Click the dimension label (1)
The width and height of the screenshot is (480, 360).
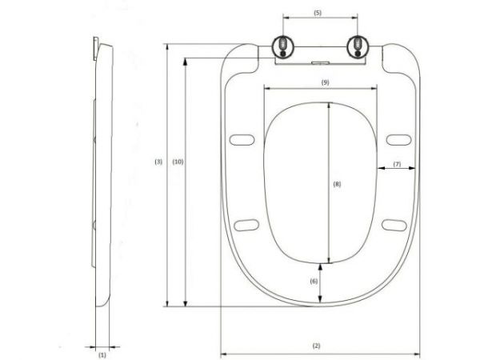point(102,352)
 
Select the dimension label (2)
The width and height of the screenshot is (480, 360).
point(317,346)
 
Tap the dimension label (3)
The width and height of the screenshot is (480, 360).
point(158,162)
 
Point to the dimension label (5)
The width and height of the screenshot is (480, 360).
point(318,14)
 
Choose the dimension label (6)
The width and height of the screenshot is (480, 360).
point(314,281)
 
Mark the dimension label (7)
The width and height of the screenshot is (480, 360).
point(396,164)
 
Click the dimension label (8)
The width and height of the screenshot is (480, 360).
point(337,184)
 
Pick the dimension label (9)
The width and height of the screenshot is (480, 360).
point(324,82)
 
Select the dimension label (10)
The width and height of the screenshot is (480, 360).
point(178,162)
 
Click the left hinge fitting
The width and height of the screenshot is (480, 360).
point(283,46)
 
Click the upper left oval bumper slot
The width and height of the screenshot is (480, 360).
point(239,141)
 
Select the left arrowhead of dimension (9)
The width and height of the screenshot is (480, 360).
point(266,89)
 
